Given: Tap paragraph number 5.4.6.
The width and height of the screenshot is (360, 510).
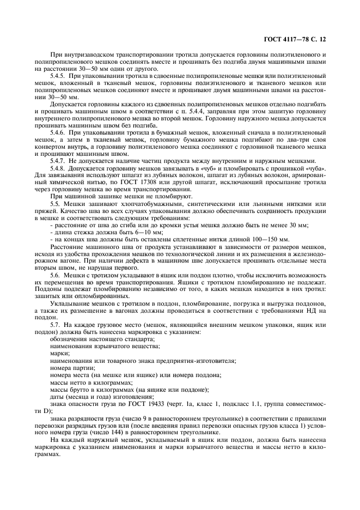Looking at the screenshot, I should (x=59, y=132).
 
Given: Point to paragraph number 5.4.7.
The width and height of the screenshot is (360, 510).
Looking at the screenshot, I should (x=59, y=161).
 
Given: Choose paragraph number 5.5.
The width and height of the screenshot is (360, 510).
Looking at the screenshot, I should (x=55, y=203).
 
